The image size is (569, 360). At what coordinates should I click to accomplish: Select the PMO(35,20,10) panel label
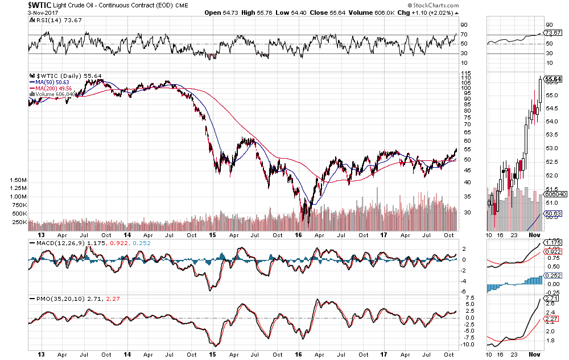(61, 298)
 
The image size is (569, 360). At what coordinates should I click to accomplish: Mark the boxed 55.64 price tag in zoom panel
(553, 79)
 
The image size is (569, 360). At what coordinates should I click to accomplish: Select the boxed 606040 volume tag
(555, 194)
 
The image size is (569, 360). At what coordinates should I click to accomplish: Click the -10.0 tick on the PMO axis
(468, 344)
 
